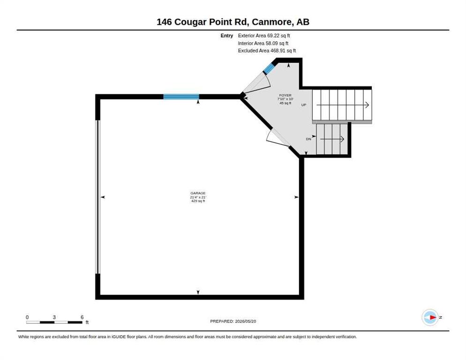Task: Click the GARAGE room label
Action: click(198, 193)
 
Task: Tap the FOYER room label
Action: click(286, 96)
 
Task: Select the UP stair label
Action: click(304, 105)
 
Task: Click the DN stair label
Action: click(308, 139)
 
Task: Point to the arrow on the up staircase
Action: click(343, 105)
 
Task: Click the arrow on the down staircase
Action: click(332, 139)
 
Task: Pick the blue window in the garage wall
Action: click(181, 97)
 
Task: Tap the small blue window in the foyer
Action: click(269, 68)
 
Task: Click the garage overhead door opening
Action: click(98, 196)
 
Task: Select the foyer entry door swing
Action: click(257, 84)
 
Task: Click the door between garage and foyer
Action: click(278, 138)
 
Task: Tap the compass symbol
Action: click(430, 317)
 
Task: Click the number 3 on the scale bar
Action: click(54, 317)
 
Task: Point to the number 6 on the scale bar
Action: click(82, 317)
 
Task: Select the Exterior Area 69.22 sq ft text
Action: click(264, 36)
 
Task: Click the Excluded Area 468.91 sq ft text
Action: click(267, 51)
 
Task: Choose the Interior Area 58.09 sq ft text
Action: click(263, 44)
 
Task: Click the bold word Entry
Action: click(227, 36)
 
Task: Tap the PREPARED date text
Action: click(233, 322)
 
